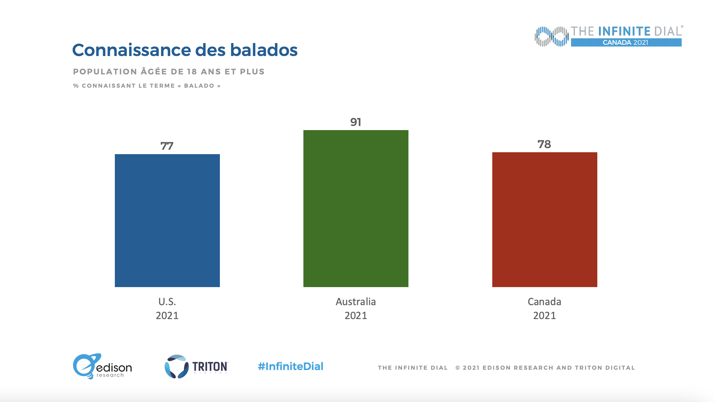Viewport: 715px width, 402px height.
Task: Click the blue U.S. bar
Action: point(167,220)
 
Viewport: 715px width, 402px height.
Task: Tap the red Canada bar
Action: point(544,219)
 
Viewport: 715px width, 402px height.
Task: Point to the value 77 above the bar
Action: point(167,146)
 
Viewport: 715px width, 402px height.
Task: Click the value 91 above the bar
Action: point(356,122)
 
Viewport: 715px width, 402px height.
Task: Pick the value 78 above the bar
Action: point(544,144)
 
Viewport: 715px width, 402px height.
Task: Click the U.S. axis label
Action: point(167,302)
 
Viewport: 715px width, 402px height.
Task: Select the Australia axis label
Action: point(356,302)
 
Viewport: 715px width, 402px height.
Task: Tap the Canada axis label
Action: point(544,302)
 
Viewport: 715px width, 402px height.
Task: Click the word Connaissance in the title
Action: point(131,50)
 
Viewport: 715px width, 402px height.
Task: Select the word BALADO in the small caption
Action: point(199,86)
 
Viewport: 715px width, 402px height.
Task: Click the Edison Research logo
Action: point(102,367)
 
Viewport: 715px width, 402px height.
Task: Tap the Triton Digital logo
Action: point(196,367)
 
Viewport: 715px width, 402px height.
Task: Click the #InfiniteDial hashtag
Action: point(290,367)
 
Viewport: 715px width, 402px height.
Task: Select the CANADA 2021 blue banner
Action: point(626,42)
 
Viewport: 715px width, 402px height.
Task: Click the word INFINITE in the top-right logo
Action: point(624,31)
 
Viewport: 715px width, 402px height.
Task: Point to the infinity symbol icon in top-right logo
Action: point(551,36)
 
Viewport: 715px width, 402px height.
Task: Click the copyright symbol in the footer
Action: point(457,368)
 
